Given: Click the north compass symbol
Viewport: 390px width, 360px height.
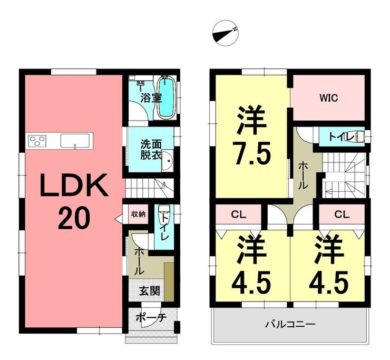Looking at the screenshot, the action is [x=226, y=33].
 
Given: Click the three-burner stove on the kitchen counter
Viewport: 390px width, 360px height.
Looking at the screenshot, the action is [x=37, y=141].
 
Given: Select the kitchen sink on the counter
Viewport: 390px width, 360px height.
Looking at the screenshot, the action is [x=75, y=141].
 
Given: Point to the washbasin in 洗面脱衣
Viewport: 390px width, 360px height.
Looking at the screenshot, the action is [x=168, y=161].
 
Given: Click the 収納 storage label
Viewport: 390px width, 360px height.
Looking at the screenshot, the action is [x=138, y=214].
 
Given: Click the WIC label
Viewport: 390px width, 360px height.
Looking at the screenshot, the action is [x=328, y=98].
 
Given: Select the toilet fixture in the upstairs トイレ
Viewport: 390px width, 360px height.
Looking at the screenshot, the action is [x=360, y=137].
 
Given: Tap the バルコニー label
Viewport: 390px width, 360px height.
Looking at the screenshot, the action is [x=290, y=325].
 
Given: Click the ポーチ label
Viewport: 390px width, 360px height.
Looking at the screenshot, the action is [x=151, y=317].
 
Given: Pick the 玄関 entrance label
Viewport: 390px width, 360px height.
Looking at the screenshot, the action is [x=150, y=291].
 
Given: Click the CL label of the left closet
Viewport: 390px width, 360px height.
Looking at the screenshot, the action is [x=239, y=215].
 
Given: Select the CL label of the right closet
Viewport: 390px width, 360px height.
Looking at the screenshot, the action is [x=342, y=215].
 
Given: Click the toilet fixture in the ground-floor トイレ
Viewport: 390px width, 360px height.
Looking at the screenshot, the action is [x=164, y=209].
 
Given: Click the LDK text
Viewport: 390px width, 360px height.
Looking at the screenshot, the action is [x=74, y=185].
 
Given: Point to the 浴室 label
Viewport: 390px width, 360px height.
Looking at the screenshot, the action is [x=151, y=98].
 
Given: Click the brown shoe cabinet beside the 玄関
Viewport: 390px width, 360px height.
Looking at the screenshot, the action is [x=169, y=281].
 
